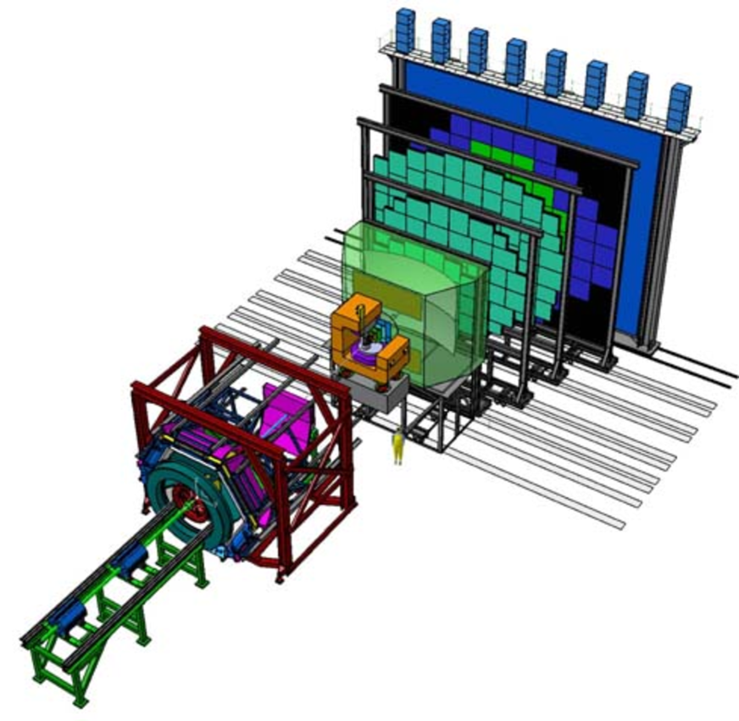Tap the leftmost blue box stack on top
tap(405, 27)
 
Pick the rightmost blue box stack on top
tap(678, 106)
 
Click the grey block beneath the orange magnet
tap(377, 395)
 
